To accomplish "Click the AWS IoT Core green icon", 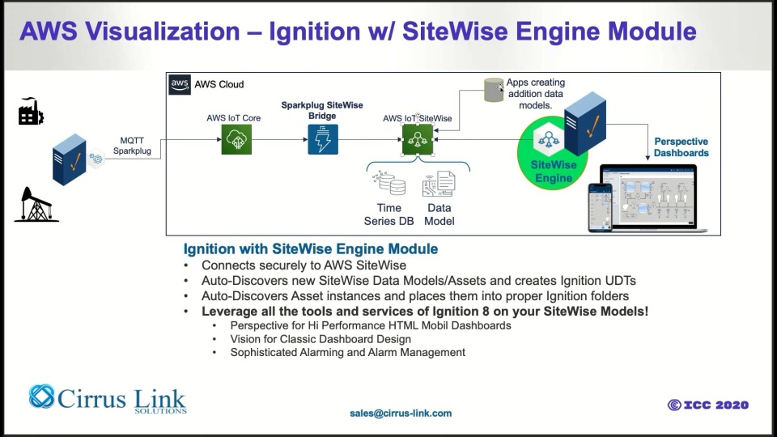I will tap(237, 141).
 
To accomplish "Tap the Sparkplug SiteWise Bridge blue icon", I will tap(323, 141).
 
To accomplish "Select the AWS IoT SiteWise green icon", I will tap(418, 141).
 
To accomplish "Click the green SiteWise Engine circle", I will tap(554, 154).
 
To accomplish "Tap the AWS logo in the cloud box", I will tap(180, 84).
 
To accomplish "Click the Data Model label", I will tap(439, 214).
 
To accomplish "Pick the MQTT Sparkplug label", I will tap(132, 146).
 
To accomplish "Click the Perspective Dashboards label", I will tap(681, 147).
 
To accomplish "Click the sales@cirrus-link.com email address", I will tap(401, 413).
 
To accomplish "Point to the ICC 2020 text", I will tap(708, 405).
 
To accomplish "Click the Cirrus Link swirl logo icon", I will tap(41, 397).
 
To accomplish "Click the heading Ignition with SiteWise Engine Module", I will tap(311, 248).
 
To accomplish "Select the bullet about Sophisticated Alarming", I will tap(348, 352).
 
